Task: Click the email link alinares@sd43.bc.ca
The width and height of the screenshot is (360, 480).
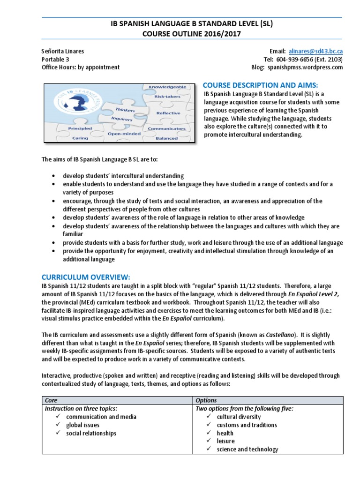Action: pyautogui.click(x=316, y=51)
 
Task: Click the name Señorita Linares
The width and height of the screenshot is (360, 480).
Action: pyautogui.click(x=63, y=51)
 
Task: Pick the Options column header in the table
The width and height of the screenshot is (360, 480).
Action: pyautogui.click(x=206, y=400)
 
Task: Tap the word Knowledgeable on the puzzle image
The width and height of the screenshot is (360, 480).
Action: pyautogui.click(x=167, y=87)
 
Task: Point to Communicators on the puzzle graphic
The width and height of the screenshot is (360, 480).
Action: pyautogui.click(x=166, y=128)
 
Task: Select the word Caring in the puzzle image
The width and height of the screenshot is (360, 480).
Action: pyautogui.click(x=80, y=138)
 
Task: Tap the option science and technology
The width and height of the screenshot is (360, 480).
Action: pyautogui.click(x=247, y=450)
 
